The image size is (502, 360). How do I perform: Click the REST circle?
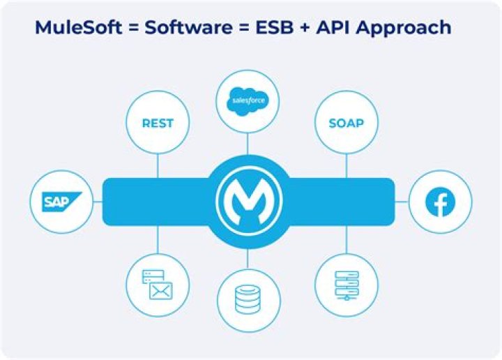(158, 123)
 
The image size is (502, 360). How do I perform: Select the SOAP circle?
(347, 123)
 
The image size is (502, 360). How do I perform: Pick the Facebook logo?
(441, 202)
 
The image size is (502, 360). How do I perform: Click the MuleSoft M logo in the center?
(249, 203)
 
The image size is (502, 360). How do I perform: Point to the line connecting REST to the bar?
(158, 166)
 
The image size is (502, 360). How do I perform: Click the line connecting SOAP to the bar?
(347, 166)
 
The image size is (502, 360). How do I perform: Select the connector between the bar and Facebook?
(402, 202)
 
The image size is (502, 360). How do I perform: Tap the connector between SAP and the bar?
(98, 202)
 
